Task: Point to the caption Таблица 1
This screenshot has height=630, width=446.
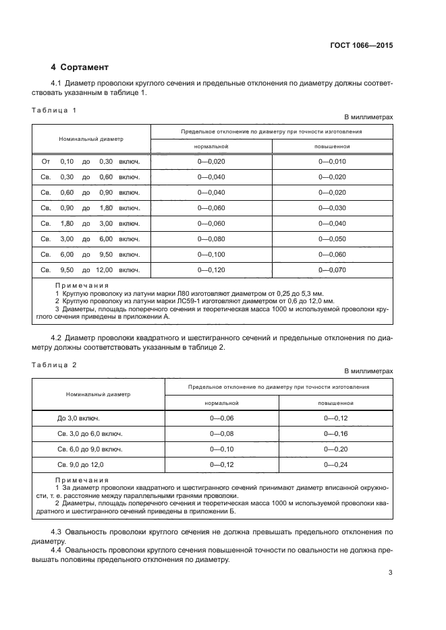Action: (x=55, y=109)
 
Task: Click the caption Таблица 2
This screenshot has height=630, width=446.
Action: (x=55, y=364)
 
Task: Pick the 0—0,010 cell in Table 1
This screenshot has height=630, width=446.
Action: (x=332, y=162)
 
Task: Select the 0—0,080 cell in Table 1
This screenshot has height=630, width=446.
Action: (x=211, y=239)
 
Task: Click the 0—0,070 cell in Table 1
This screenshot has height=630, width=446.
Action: (x=332, y=270)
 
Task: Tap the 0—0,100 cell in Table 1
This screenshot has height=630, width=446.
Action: (x=211, y=254)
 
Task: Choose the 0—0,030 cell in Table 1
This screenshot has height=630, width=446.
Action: (x=332, y=208)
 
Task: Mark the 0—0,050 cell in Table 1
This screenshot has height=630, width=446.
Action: (x=332, y=239)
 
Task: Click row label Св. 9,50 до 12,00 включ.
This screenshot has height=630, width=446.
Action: (x=90, y=270)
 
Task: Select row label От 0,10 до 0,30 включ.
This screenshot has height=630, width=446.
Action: (x=90, y=162)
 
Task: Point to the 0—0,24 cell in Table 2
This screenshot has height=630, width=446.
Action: (x=335, y=465)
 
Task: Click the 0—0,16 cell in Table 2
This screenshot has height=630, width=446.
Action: (x=335, y=434)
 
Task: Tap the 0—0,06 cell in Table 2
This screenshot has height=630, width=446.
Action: (x=221, y=418)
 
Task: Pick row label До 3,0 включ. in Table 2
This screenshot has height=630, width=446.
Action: (x=79, y=418)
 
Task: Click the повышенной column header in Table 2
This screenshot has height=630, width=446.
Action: (x=335, y=402)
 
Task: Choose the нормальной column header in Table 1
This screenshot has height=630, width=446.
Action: (x=211, y=146)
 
